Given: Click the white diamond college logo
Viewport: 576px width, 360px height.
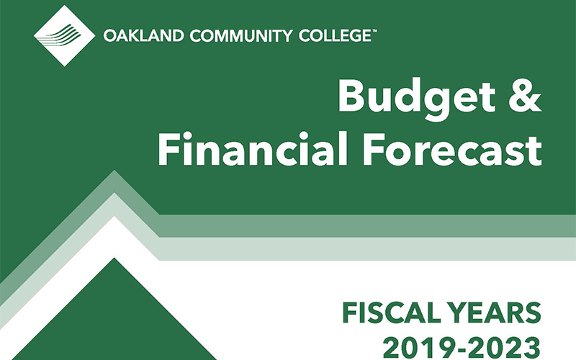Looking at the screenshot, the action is tap(64, 36).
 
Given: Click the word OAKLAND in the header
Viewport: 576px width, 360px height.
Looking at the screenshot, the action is tap(143, 36).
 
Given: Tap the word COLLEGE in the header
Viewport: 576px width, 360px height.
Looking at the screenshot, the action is tap(334, 36).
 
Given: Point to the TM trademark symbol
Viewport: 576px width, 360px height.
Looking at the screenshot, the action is tap(374, 31).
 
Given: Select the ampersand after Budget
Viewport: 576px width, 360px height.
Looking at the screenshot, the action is tap(525, 96).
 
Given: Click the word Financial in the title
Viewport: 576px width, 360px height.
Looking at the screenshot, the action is tap(253, 149).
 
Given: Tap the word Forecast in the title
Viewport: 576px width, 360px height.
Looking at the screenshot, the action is tap(451, 150).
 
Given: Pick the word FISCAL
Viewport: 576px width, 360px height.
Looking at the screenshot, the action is tap(392, 313).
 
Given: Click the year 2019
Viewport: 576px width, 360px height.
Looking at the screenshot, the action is tap(417, 348).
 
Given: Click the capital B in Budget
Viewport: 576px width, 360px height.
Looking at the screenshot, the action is tap(354, 97).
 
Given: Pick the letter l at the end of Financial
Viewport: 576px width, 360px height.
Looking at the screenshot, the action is tap(343, 148).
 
